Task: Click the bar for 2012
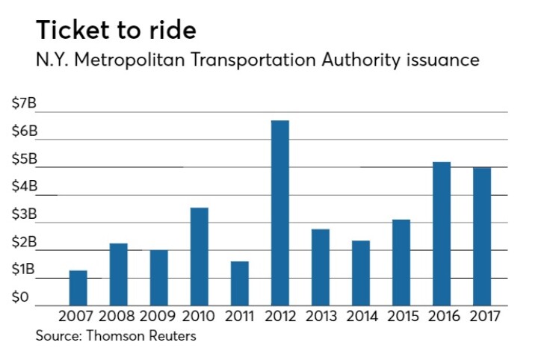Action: [x=279, y=213]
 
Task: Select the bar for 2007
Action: [x=78, y=288]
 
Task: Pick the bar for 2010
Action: [x=199, y=256]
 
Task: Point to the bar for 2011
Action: [x=239, y=283]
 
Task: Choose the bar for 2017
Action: [x=481, y=236]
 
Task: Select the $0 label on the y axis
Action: [x=20, y=297]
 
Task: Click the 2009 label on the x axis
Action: [x=158, y=317]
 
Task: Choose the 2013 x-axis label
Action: [x=320, y=317]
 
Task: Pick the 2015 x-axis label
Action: [x=401, y=317]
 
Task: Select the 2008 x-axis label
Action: [x=118, y=317]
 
